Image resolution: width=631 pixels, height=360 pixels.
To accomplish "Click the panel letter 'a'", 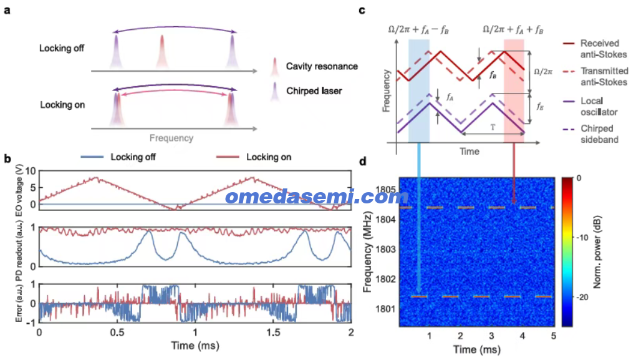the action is (7, 10).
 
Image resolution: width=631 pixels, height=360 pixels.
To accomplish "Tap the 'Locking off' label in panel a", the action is (62, 48).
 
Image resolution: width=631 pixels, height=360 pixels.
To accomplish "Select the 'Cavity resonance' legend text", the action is (322, 66).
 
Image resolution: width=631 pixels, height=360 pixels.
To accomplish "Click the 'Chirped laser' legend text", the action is (314, 91).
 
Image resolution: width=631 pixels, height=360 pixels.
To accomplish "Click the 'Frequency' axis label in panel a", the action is (171, 138).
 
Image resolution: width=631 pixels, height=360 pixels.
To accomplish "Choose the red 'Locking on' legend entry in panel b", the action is (254, 157).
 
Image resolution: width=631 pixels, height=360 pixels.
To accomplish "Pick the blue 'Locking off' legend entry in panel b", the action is (118, 157).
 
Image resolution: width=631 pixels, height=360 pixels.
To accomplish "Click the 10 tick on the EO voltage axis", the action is (30, 171).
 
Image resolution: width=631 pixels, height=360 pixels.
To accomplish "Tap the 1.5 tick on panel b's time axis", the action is (273, 332).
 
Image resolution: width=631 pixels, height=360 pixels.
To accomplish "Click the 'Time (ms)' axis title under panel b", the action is (195, 346).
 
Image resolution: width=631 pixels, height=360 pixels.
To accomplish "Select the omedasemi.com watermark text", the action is (317, 197).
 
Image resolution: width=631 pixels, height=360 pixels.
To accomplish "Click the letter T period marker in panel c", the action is (493, 127).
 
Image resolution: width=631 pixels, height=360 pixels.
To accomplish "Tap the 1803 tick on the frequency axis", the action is (384, 250).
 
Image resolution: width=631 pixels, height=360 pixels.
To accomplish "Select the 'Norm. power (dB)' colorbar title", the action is (596, 252).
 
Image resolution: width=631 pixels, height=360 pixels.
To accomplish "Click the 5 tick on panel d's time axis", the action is (554, 336).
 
